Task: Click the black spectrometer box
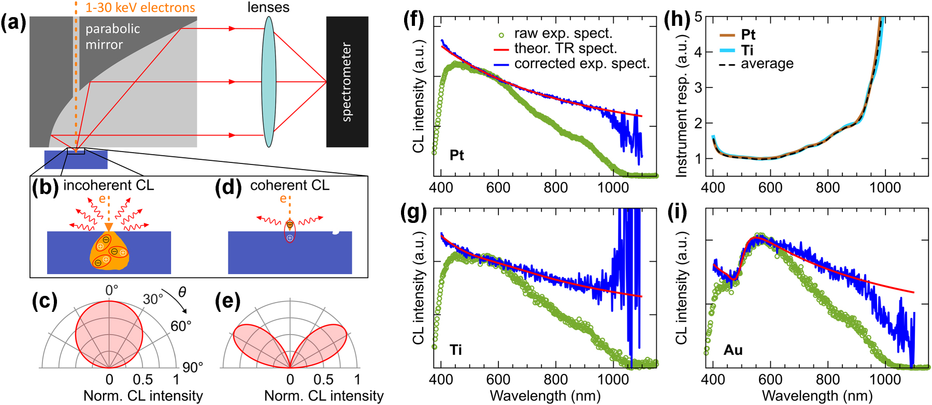click(x=347, y=82)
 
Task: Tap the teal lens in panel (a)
click(x=268, y=82)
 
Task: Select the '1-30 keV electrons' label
click(x=140, y=7)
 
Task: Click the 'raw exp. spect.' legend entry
click(x=563, y=34)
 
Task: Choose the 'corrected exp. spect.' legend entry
click(x=581, y=64)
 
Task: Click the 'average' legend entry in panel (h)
click(x=767, y=64)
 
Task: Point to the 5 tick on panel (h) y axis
click(x=698, y=17)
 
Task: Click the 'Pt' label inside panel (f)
click(x=456, y=155)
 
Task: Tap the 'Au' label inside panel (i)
click(x=733, y=350)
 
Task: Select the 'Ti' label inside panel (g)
click(x=455, y=350)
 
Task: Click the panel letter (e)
click(x=227, y=301)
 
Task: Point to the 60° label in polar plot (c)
click(x=181, y=326)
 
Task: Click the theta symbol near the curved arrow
click(x=182, y=292)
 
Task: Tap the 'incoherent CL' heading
click(x=108, y=185)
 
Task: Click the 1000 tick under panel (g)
click(x=613, y=379)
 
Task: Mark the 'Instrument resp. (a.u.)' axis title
click(x=681, y=106)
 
